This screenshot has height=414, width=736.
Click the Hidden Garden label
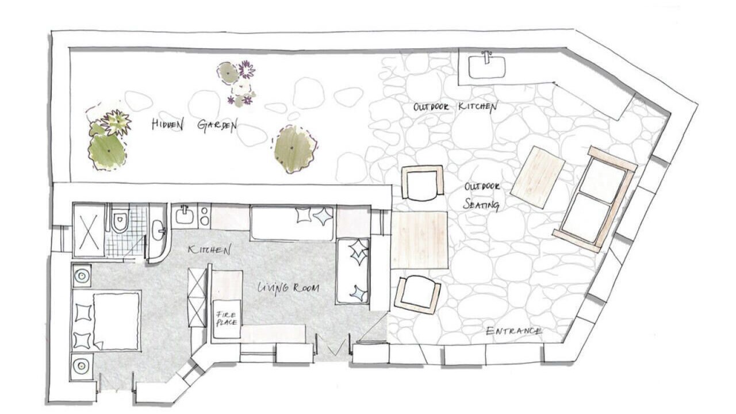click(194, 125)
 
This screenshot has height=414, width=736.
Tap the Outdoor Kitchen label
click(455, 107)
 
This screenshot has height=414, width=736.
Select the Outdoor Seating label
click(482, 196)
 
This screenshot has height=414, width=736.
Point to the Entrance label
click(513, 331)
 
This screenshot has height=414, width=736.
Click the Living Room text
click(288, 288)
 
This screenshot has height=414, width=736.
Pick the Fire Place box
click(227, 319)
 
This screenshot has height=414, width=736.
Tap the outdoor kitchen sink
click(487, 67)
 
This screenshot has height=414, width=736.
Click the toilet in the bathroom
click(120, 219)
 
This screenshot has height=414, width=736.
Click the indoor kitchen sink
click(185, 215)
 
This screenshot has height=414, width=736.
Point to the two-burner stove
click(204, 216)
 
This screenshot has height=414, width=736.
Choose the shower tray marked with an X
click(89, 231)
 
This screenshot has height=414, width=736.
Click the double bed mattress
click(116, 321)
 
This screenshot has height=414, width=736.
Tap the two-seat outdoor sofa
click(595, 200)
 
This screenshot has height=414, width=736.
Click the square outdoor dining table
click(420, 240)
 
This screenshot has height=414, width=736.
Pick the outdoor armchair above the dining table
click(423, 183)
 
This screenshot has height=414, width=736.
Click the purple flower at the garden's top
click(246, 70)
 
